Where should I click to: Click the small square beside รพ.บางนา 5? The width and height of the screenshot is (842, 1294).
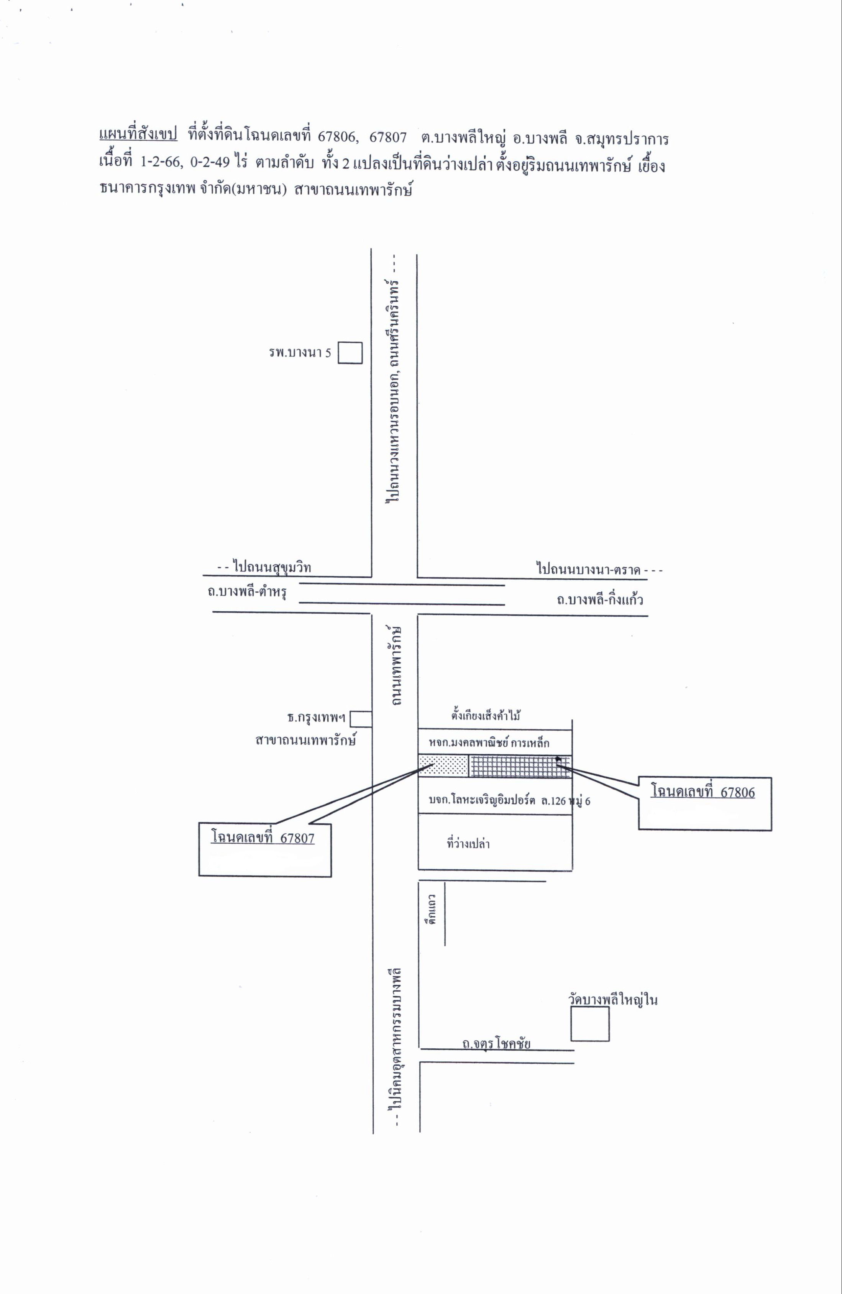350,352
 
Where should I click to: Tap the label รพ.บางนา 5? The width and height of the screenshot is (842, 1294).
300,353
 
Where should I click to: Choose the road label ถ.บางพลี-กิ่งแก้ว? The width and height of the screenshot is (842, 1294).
600,600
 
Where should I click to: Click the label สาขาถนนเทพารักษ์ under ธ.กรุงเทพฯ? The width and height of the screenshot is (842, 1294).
305,741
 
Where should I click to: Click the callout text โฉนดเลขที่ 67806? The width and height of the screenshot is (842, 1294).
703,792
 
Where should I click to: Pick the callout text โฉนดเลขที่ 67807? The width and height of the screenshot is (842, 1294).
263,838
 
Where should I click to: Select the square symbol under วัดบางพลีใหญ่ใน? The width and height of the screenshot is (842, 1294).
590,1024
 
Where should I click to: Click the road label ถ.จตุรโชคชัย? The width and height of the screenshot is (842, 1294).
496,1043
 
